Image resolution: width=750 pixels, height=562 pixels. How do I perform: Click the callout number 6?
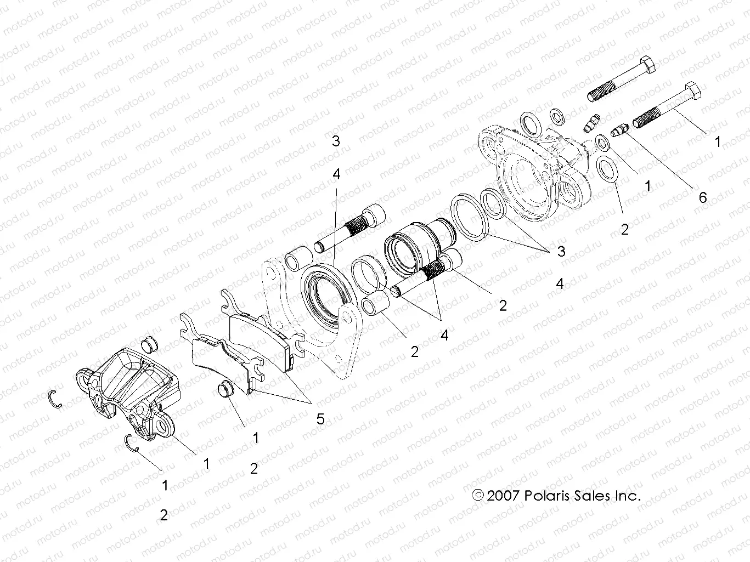click(x=703, y=197)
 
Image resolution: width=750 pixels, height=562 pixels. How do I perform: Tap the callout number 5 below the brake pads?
click(x=320, y=419)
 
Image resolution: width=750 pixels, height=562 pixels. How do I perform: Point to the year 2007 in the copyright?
click(x=503, y=496)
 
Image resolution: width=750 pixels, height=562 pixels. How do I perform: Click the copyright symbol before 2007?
click(x=478, y=496)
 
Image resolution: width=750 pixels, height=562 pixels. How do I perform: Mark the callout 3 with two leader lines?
click(x=561, y=251)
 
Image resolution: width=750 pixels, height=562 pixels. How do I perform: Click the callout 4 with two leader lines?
click(x=444, y=334)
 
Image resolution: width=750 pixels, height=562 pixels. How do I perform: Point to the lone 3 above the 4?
click(x=336, y=141)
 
